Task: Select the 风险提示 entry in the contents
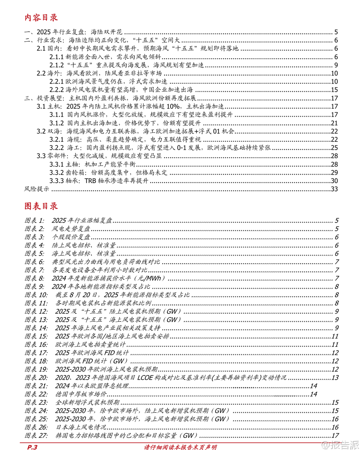coord(37,189)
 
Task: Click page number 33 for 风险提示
coord(334,189)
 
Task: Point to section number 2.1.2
coord(57,65)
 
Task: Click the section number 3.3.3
coord(57,181)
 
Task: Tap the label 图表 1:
coord(34,221)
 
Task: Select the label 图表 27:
coord(36,435)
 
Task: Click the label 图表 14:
coord(36,328)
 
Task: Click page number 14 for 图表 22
coord(313,394)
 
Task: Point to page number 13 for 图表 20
coord(335,378)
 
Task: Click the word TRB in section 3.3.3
coord(90,181)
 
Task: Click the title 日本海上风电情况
coord(81,427)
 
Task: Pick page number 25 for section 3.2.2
coord(334,148)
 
